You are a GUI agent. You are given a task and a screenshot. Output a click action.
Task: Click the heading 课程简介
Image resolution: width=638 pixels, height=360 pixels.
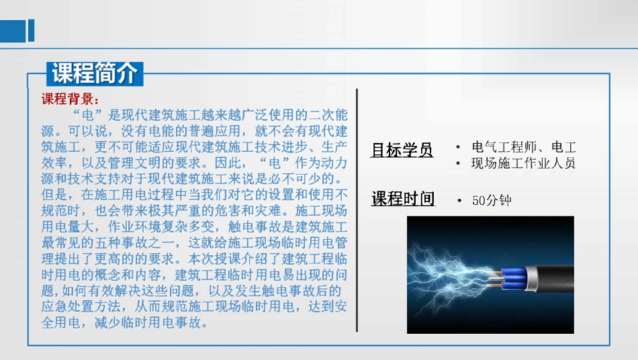coord(95,72)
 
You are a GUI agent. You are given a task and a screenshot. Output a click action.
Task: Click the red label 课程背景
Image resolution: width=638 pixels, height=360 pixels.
coord(70,100)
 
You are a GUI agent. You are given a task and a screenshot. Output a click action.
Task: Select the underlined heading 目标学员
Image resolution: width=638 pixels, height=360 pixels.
coord(402,150)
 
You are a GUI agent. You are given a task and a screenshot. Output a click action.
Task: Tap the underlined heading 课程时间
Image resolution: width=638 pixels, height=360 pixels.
coord(403,199)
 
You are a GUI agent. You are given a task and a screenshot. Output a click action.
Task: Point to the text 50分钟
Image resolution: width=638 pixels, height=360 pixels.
coord(492,200)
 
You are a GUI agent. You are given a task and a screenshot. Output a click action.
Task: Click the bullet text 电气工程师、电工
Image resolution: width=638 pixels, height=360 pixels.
coord(524,147)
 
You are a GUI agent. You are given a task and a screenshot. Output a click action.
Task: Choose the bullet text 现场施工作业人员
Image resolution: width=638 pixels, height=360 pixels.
coord(524,163)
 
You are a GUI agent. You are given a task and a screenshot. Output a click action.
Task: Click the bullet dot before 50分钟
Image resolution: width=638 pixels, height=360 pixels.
coord(458,200)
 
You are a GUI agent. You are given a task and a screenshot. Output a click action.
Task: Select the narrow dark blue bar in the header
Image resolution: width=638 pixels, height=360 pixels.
coord(31,30)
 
